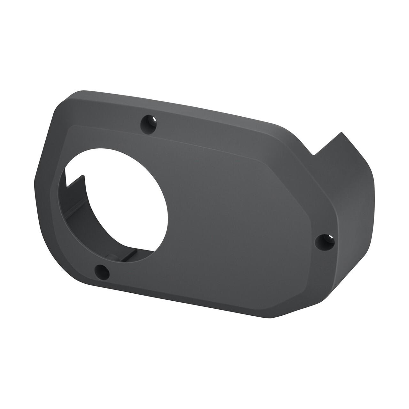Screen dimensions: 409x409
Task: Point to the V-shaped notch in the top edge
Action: [314, 154]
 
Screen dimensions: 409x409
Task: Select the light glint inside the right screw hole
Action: [329, 239]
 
